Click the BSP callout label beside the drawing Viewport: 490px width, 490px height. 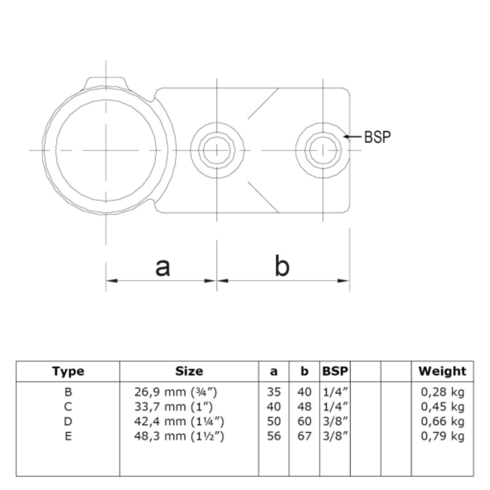[x=378, y=137]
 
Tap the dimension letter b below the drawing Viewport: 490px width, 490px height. [x=282, y=265]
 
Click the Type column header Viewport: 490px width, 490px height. [x=68, y=371]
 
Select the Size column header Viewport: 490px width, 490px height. [x=189, y=371]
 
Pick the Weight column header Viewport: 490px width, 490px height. [x=442, y=371]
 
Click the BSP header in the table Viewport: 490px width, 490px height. [x=335, y=371]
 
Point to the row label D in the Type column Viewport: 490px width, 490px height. [x=68, y=422]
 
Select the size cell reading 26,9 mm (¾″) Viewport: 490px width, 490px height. [x=176, y=392]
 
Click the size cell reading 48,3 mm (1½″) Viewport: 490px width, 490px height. [x=179, y=436]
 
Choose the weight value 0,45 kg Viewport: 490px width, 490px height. [x=442, y=407]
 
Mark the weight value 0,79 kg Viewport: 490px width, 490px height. [x=442, y=436]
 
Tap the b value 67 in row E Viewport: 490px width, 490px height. [x=304, y=436]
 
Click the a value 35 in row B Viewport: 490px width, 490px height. [x=274, y=392]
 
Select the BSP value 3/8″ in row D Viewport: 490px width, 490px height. [x=335, y=422]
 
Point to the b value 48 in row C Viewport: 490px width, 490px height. [x=304, y=407]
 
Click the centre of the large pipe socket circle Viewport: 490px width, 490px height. [x=106, y=150]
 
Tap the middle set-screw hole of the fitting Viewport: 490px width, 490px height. [x=217, y=150]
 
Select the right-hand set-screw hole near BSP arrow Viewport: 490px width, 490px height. [x=323, y=150]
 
